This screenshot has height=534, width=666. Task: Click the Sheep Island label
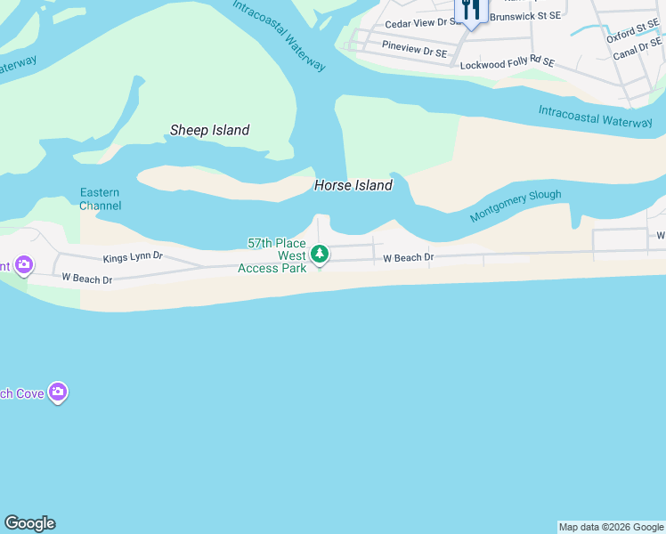(x=209, y=130)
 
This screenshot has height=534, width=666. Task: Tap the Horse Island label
(x=353, y=185)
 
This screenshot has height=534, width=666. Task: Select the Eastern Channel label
(x=100, y=198)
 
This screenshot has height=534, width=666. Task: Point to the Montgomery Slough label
(x=516, y=206)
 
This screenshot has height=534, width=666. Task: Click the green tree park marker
(x=320, y=255)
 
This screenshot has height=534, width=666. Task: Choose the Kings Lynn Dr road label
(x=133, y=256)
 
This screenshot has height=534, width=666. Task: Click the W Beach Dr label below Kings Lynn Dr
(x=86, y=279)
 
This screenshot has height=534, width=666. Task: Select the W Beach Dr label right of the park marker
(x=408, y=258)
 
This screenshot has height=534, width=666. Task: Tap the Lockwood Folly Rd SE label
(x=507, y=63)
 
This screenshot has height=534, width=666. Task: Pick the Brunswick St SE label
(x=525, y=16)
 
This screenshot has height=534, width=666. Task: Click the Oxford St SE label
(x=633, y=36)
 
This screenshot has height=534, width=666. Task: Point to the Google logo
(x=29, y=523)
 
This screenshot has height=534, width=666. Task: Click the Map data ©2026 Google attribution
(x=612, y=527)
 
